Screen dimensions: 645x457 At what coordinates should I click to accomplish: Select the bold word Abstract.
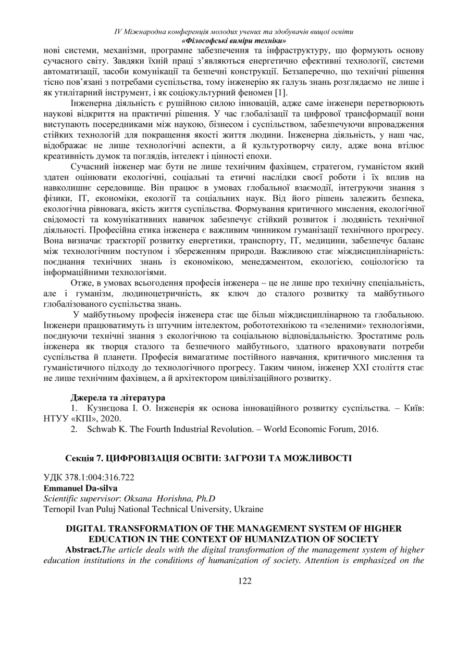pyautogui.click(x=83, y=549)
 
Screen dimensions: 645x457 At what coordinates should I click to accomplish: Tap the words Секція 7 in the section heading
pyautogui.click(x=81, y=458)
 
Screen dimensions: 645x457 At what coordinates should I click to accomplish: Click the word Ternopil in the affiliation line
pyautogui.click(x=58, y=508)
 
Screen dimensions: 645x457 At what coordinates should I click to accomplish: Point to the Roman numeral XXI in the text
pyautogui.click(x=354, y=368)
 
